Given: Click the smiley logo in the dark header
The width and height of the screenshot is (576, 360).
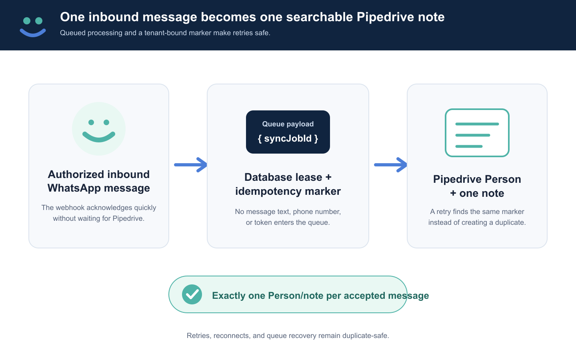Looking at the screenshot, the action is tap(33, 27).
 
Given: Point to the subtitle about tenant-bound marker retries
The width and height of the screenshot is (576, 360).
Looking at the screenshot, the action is tap(165, 33).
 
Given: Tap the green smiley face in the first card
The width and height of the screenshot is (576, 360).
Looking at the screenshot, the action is tap(99, 129).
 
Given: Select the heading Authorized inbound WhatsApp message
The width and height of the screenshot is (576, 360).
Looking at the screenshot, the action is tap(99, 181).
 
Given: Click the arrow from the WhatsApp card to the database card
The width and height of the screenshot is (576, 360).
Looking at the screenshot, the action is tap(190, 165).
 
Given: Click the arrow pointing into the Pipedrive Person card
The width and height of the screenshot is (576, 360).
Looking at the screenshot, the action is tap(390, 165).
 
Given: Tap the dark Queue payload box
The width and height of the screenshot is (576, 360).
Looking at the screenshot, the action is tap(288, 132).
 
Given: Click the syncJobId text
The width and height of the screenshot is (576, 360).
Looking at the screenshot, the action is tap(288, 138).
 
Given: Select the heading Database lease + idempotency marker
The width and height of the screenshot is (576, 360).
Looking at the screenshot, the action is tap(288, 184).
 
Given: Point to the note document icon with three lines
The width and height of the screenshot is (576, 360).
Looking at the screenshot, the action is tap(477, 133).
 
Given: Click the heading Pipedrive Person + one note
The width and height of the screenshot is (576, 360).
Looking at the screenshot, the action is tap(477, 186).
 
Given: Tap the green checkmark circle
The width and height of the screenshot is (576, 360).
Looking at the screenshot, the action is tap(192, 294).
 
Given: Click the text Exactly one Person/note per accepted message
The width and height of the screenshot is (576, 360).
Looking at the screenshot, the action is tap(320, 296).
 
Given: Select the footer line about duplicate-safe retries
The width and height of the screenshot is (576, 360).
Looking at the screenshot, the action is tap(288, 336).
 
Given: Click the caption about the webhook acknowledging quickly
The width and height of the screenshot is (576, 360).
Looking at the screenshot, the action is tap(99, 213).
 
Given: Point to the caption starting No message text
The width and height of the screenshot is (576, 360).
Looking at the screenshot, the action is tap(288, 217).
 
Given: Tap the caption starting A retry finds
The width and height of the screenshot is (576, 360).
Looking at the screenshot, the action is tap(477, 217).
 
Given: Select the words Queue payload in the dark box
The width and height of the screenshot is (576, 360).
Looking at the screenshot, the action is tap(288, 124).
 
